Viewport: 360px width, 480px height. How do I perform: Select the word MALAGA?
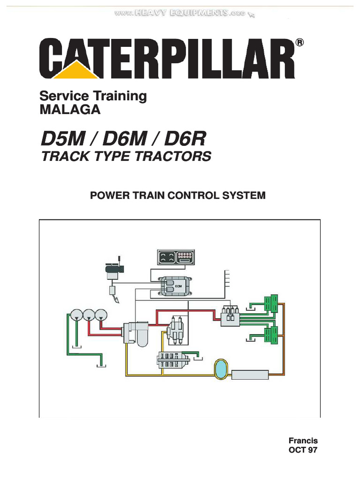[70, 110]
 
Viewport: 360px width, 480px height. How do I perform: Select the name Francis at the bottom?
[303, 441]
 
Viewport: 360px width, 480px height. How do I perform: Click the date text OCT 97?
[303, 450]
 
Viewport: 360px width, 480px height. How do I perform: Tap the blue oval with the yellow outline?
[219, 369]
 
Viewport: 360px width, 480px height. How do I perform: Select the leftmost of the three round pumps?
[75, 315]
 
